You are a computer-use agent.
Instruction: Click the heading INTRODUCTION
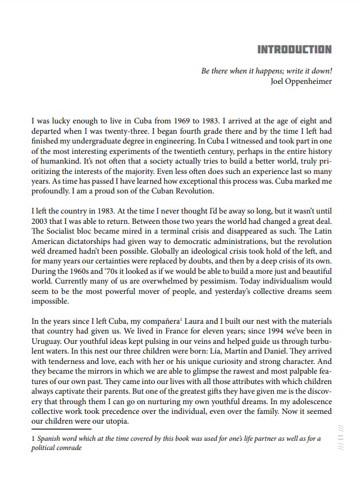pyautogui.click(x=295, y=49)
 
